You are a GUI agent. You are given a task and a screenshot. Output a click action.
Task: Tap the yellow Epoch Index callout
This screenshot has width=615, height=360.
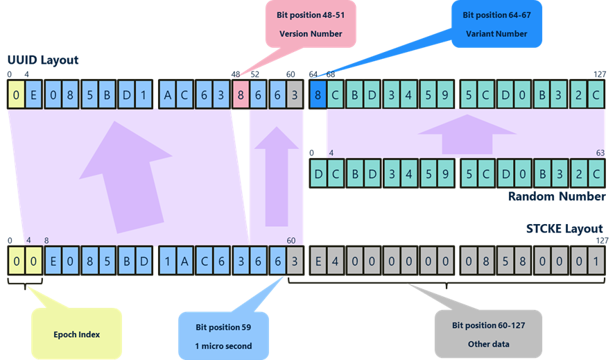[76, 334]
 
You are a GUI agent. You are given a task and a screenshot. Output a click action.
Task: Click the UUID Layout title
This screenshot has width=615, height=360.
[43, 60]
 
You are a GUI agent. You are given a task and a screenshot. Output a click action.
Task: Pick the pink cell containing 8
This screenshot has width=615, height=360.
[241, 94]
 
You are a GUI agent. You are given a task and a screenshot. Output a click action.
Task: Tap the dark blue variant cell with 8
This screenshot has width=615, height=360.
[318, 94]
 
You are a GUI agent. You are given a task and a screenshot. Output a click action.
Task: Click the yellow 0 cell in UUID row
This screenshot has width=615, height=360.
[15, 94]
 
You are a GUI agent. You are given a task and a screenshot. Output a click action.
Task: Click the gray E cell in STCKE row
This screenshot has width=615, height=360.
[318, 262]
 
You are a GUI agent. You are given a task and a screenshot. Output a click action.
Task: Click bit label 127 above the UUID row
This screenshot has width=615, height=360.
[599, 74]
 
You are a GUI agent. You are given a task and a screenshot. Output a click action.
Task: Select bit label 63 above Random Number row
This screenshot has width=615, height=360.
[600, 152]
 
